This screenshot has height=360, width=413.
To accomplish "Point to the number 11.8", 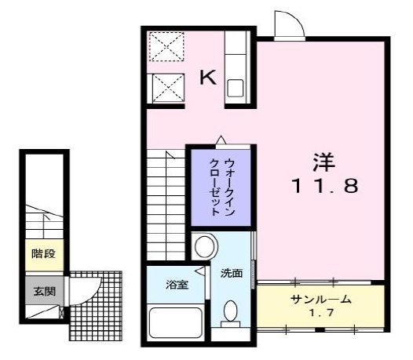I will (324, 187).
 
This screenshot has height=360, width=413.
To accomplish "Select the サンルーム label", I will (320, 300).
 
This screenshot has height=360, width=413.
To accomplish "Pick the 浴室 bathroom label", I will (177, 285).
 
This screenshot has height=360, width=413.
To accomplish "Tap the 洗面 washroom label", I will (232, 275).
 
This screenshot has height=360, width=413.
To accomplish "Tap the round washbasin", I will (206, 248).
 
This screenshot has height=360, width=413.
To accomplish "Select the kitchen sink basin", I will (237, 87).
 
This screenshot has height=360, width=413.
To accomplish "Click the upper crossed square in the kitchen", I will (166, 47).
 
